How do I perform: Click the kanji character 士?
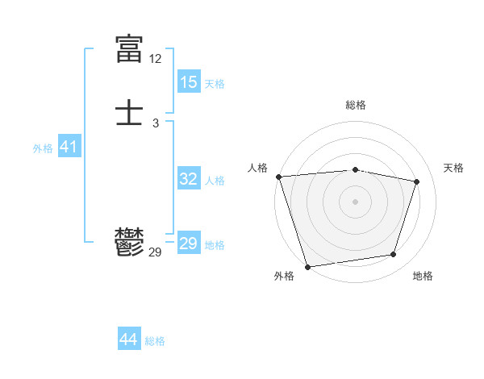(x=129, y=112)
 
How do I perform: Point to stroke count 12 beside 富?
(x=156, y=59)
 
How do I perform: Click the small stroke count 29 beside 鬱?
(x=156, y=252)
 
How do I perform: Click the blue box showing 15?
(x=189, y=82)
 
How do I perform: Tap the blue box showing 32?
(x=189, y=179)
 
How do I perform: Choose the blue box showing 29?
(x=189, y=244)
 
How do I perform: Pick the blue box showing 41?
(x=69, y=147)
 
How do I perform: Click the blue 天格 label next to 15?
(x=215, y=84)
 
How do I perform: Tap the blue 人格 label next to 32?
(x=215, y=181)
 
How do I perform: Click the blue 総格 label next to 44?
(x=155, y=341)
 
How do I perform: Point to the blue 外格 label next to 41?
(x=43, y=148)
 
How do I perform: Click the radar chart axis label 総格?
(x=355, y=105)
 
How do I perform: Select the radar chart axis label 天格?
(x=453, y=168)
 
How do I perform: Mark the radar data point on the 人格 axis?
(x=278, y=177)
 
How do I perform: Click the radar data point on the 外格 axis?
(x=307, y=266)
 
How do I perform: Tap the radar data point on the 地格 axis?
(x=394, y=255)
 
